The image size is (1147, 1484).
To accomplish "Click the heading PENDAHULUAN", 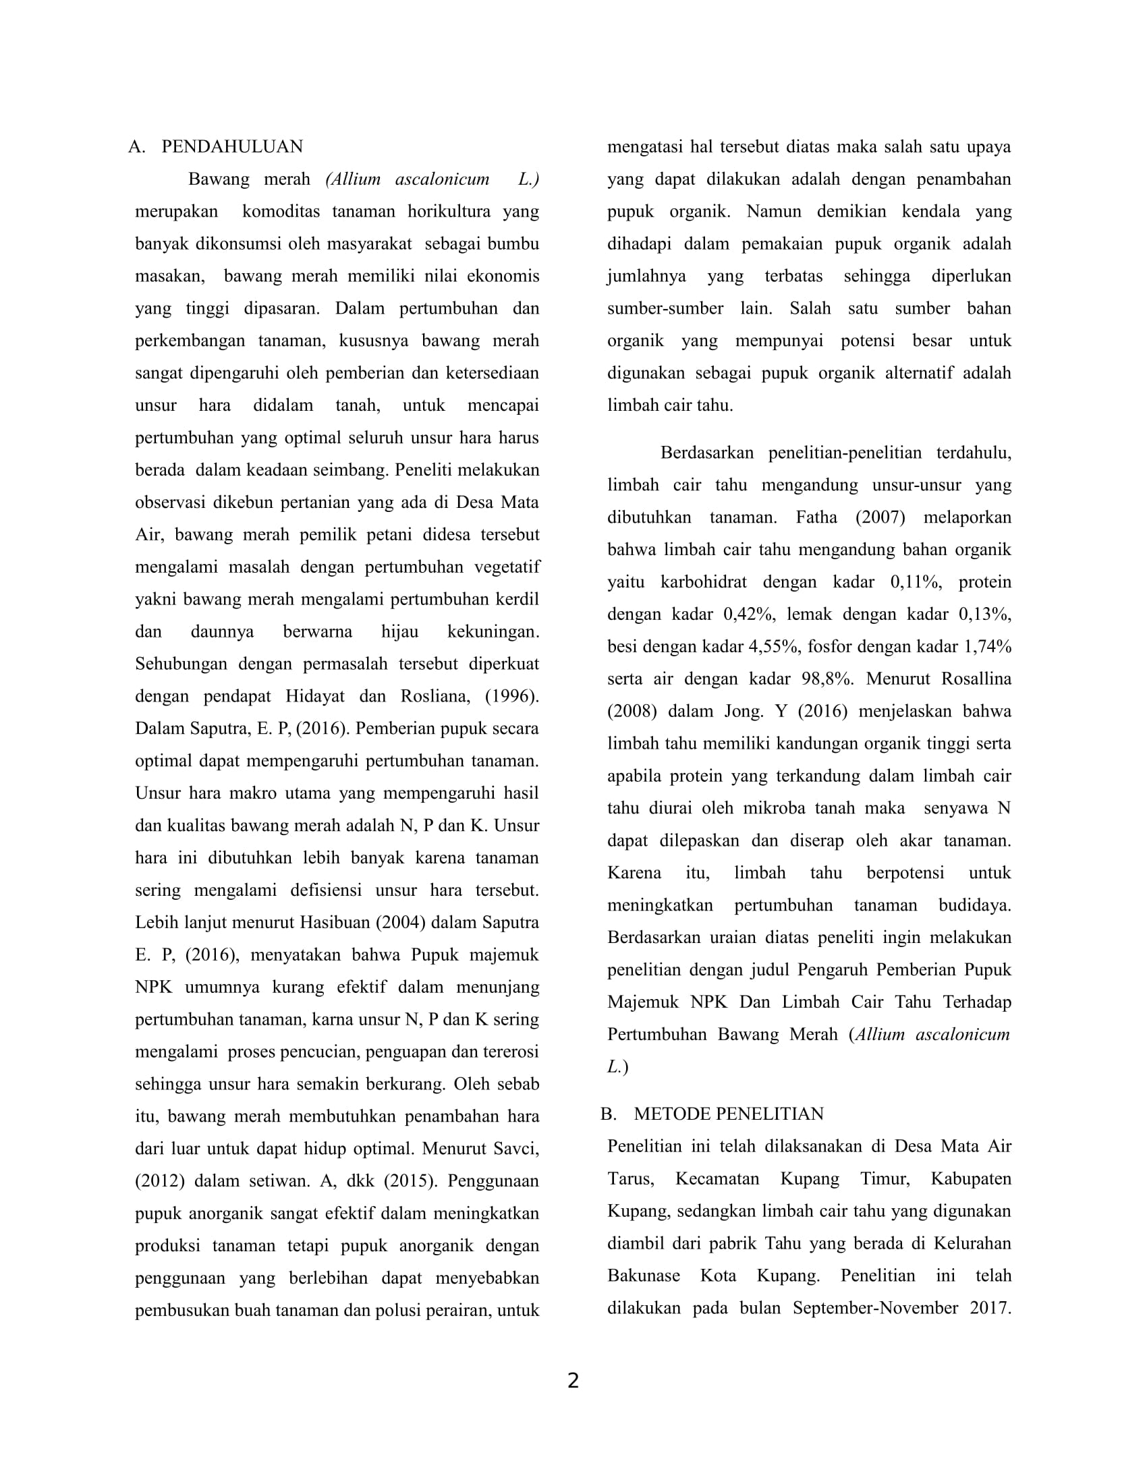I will pyautogui.click(x=231, y=147).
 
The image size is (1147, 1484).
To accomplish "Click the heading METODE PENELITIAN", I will pyautogui.click(x=729, y=1114).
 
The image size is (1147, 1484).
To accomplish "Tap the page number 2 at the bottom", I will pyautogui.click(x=573, y=1381).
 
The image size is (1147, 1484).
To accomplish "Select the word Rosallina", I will pyautogui.click(x=976, y=679).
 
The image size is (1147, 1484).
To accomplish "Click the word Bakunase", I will pyautogui.click(x=643, y=1276).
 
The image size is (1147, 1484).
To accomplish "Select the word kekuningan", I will pyautogui.click(x=493, y=631).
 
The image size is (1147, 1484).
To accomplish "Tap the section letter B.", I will pyautogui.click(x=607, y=1114).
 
